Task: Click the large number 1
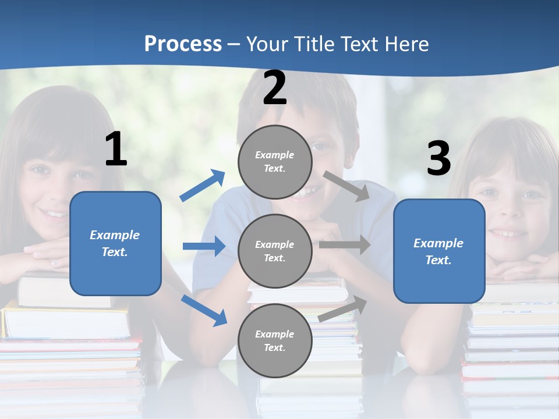coord(116,150)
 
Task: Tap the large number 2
coord(275,88)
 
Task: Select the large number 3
coord(439,159)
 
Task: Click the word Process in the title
coord(183,44)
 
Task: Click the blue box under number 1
coord(115,243)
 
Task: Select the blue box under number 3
coord(439,251)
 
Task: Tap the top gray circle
coord(275,162)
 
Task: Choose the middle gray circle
coord(275,251)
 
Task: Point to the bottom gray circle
coord(275,340)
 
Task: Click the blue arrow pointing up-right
coord(203,186)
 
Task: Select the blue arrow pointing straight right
coord(204,246)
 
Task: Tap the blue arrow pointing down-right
coord(204,310)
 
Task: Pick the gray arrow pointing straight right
coord(345,245)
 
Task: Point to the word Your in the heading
coord(266,44)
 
